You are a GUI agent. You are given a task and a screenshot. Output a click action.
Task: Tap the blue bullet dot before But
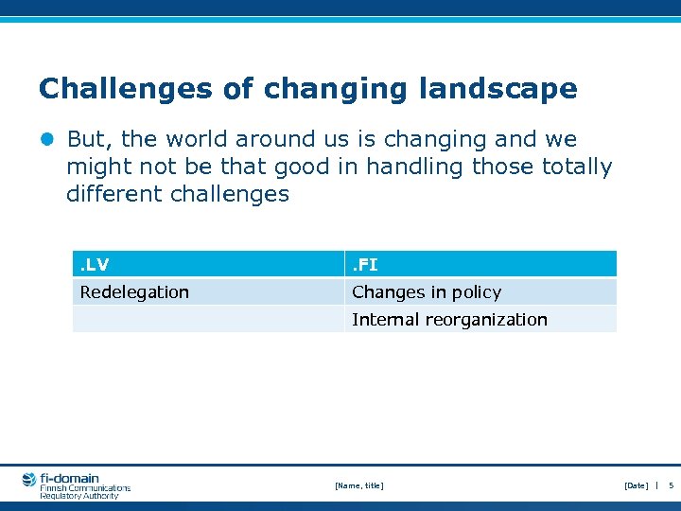[x=47, y=140]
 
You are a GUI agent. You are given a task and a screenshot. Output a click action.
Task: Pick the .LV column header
[x=94, y=265]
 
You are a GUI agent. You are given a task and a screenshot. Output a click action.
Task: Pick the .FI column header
[x=365, y=265]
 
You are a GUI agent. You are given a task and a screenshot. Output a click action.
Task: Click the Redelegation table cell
[x=134, y=292]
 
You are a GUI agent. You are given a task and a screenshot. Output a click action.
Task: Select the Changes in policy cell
[x=427, y=292]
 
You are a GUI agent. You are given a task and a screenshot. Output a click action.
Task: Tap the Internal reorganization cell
[x=449, y=320]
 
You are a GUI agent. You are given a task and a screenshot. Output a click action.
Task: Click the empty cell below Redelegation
[x=208, y=320]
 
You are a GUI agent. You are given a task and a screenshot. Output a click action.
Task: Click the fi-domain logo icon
[x=29, y=480]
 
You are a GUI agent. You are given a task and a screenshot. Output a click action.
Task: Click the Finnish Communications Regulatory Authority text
[x=84, y=491]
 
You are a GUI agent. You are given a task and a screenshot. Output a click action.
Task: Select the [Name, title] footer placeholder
[x=359, y=485]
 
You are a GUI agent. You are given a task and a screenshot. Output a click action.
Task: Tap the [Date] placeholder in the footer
[x=637, y=485]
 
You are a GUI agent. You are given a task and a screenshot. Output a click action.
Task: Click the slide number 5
[x=671, y=485]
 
